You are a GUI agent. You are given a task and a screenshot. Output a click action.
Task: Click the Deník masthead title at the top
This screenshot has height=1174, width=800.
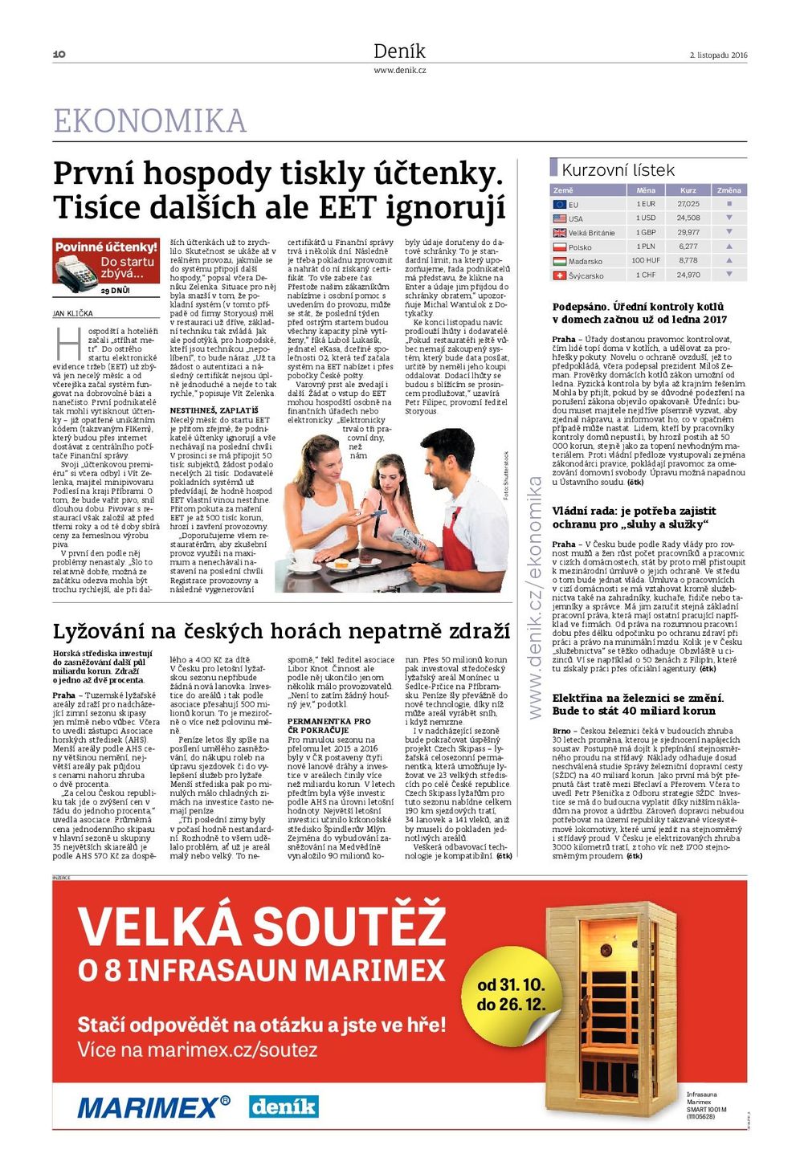(399, 51)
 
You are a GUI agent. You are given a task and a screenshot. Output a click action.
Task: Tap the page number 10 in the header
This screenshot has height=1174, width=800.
(59, 55)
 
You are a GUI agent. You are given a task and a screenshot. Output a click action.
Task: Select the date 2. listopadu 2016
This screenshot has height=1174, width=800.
(718, 55)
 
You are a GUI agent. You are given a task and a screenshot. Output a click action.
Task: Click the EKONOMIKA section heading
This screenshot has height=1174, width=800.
(149, 121)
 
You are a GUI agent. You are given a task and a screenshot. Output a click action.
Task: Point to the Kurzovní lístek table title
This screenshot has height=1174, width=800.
(618, 170)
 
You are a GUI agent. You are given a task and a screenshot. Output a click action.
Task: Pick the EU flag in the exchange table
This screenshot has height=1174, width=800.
(560, 204)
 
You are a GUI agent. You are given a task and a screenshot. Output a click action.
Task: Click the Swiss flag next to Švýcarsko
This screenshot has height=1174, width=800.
(560, 275)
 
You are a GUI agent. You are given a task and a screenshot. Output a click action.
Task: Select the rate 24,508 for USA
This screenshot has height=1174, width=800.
(688, 218)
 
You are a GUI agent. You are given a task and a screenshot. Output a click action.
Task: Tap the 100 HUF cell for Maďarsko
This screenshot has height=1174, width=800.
(646, 261)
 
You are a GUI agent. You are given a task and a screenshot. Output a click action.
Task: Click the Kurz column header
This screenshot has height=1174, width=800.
(688, 190)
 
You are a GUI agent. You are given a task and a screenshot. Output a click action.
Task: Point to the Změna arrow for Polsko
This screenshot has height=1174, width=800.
(729, 247)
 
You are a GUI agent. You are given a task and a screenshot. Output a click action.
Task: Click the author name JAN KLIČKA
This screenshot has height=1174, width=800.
(73, 313)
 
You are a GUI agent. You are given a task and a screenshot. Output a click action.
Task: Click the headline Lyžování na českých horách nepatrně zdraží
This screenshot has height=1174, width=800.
(281, 631)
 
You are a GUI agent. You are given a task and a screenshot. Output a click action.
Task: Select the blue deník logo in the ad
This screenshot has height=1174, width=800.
(283, 1107)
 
